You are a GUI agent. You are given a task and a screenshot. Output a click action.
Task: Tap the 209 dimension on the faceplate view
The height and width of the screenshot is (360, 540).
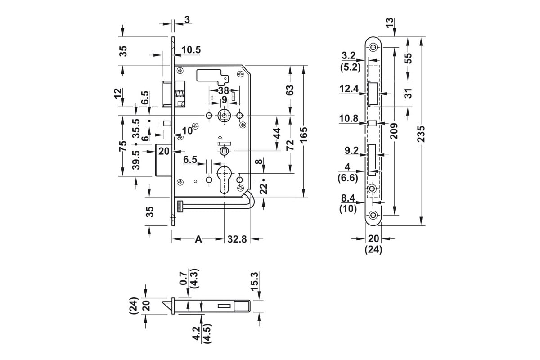pos(394,131)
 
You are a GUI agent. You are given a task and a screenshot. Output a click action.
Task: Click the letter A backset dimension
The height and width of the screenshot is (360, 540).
pos(198,239)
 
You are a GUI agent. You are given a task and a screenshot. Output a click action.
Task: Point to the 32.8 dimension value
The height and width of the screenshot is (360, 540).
pos(237,239)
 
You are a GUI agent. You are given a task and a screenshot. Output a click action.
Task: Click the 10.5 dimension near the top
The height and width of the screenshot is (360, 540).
pos(191,50)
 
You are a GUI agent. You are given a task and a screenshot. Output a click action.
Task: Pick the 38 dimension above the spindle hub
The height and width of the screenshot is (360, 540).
pos(224,90)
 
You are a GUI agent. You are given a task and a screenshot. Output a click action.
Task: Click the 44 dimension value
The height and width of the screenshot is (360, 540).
pos(277,133)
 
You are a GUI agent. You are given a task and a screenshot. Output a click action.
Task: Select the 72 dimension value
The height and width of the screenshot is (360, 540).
pos(291,145)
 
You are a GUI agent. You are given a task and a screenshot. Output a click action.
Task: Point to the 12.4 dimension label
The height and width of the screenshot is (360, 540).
pos(349,89)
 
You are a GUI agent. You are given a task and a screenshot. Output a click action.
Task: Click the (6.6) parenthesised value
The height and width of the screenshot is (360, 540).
pos(348,178)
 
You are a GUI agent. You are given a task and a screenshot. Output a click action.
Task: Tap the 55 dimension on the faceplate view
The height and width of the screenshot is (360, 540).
pos(408,58)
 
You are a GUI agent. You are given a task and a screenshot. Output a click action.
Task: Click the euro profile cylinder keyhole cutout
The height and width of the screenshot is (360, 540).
pos(224,180)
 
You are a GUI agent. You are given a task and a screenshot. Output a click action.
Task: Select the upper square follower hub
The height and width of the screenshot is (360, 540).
pos(224,116)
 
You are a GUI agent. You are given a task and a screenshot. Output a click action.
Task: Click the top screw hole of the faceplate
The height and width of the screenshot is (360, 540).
pos(373,47)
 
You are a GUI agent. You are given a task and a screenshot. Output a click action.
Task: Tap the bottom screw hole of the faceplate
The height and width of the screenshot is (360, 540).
pos(373,215)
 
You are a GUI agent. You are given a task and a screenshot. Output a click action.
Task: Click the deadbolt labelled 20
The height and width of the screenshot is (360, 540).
pos(163,160)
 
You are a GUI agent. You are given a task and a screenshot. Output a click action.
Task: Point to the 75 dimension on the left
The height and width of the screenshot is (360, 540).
pos(123,146)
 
